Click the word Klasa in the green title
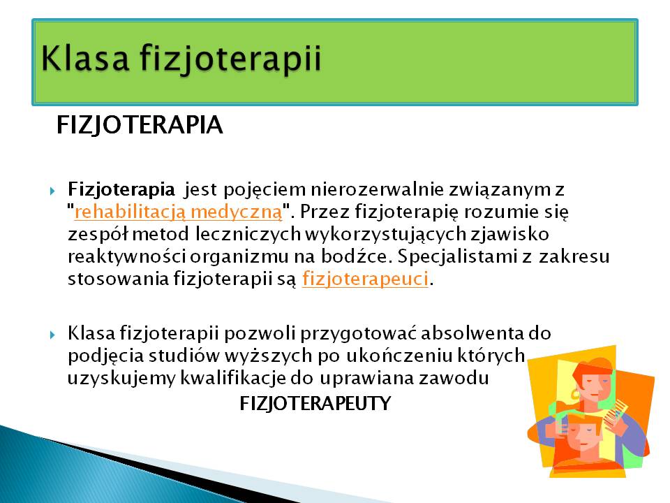(x=84, y=58)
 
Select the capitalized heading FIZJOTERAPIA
(x=140, y=125)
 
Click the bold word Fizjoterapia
(x=121, y=189)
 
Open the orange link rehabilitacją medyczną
(x=178, y=212)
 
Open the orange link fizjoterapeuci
(x=365, y=279)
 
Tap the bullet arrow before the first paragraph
(x=52, y=191)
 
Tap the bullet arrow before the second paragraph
(x=52, y=335)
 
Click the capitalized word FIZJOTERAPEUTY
(x=315, y=403)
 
